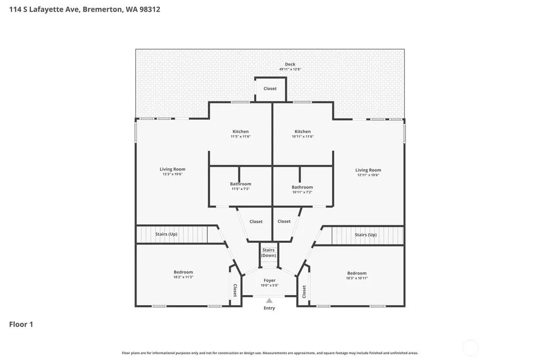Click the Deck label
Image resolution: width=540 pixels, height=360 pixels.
point(290,64)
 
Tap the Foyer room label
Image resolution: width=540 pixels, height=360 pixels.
point(269,280)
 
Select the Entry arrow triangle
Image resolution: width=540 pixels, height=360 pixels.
point(269,301)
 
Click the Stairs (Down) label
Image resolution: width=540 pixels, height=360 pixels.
point(268,253)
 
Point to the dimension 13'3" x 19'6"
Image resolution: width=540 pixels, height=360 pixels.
point(172,174)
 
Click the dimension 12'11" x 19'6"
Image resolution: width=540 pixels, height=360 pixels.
point(368,175)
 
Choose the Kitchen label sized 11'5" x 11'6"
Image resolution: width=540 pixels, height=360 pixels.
point(240,131)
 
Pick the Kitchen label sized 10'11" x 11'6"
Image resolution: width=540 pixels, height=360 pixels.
point(303,131)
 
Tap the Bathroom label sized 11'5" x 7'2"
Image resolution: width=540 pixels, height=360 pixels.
point(240,184)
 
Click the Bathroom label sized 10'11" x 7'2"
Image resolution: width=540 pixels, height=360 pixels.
point(302,187)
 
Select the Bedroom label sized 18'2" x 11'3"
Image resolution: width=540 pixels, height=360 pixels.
point(183,272)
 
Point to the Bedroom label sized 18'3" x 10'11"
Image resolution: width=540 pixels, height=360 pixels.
point(357,273)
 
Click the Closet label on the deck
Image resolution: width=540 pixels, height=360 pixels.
point(270,89)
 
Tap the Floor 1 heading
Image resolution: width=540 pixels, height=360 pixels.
point(21,324)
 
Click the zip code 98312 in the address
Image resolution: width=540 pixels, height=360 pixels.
point(150,10)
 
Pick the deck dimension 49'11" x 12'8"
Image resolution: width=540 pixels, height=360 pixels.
point(290,69)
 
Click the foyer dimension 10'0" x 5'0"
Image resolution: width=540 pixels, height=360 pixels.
point(269,285)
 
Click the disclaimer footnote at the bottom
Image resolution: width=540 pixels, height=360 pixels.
point(270,353)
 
